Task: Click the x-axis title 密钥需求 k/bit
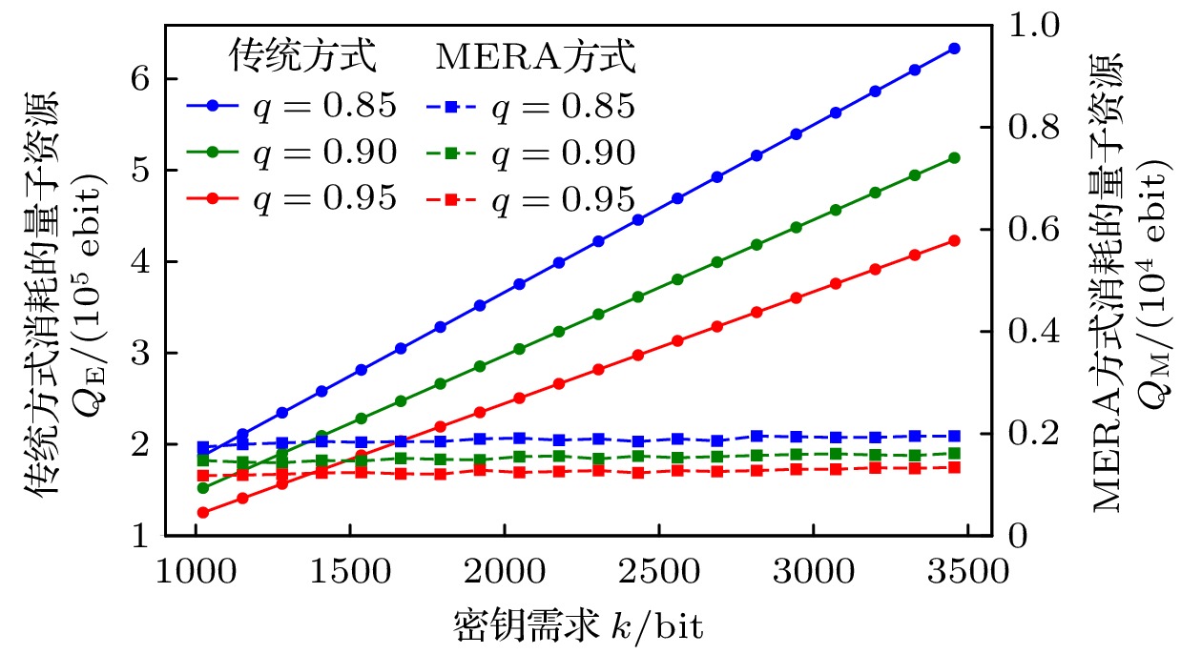(579, 624)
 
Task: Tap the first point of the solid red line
(202, 513)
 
